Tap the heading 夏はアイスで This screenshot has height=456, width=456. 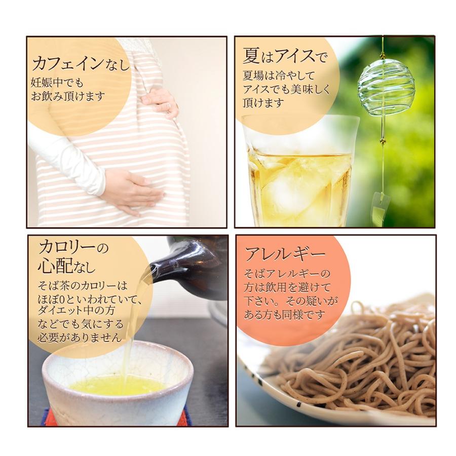pos(285,56)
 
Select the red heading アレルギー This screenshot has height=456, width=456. pos(284,254)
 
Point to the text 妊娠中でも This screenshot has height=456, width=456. pos(57,83)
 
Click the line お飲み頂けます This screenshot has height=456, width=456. pos(68,96)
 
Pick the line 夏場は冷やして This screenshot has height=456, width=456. pos(279,76)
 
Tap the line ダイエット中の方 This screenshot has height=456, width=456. pos(76,311)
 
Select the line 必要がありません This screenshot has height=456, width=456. pos(80,337)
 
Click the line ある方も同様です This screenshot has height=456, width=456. pos(284,315)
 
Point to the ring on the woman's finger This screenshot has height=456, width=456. pos(169,106)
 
